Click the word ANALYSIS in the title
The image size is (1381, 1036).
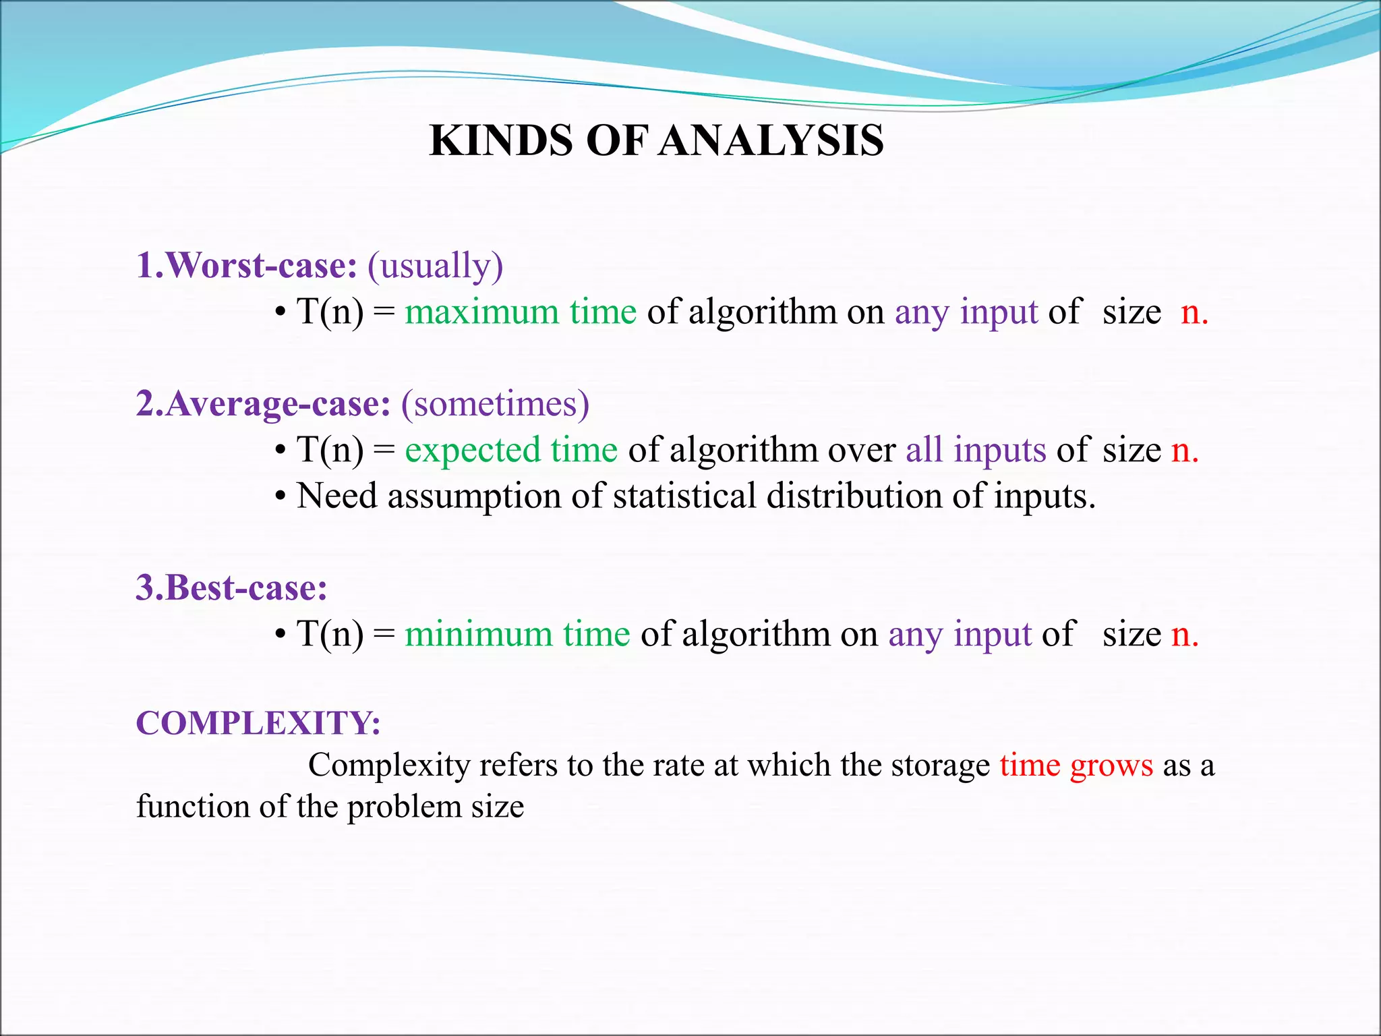coord(771,141)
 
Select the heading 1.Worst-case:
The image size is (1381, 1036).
coord(246,265)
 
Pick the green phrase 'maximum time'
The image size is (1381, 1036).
coord(521,312)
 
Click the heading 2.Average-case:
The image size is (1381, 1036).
coord(263,403)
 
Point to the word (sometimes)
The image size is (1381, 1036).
coord(495,405)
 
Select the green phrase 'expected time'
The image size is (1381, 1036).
coord(511,450)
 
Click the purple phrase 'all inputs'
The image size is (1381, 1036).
coord(975,450)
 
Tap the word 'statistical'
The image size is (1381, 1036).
coord(684,496)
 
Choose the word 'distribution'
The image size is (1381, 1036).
coord(854,496)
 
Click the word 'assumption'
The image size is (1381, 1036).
coord(474,497)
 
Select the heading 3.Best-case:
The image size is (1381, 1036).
coord(231,587)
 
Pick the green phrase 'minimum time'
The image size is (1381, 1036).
coord(517,634)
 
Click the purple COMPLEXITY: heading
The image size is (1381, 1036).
coord(258,723)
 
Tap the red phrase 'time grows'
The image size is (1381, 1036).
coord(1076,766)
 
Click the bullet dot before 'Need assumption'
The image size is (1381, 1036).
coord(281,497)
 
